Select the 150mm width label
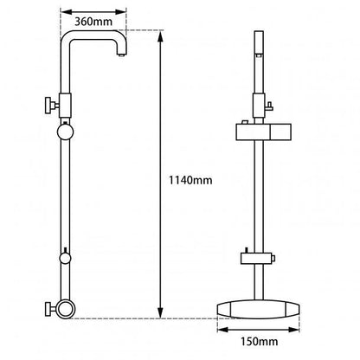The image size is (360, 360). coord(258,344)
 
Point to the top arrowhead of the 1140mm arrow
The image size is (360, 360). coord(161,34)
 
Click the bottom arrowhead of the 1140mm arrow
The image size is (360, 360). coord(161,314)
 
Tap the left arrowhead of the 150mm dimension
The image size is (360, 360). coord(218,329)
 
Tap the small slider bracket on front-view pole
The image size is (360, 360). coord(257,257)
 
